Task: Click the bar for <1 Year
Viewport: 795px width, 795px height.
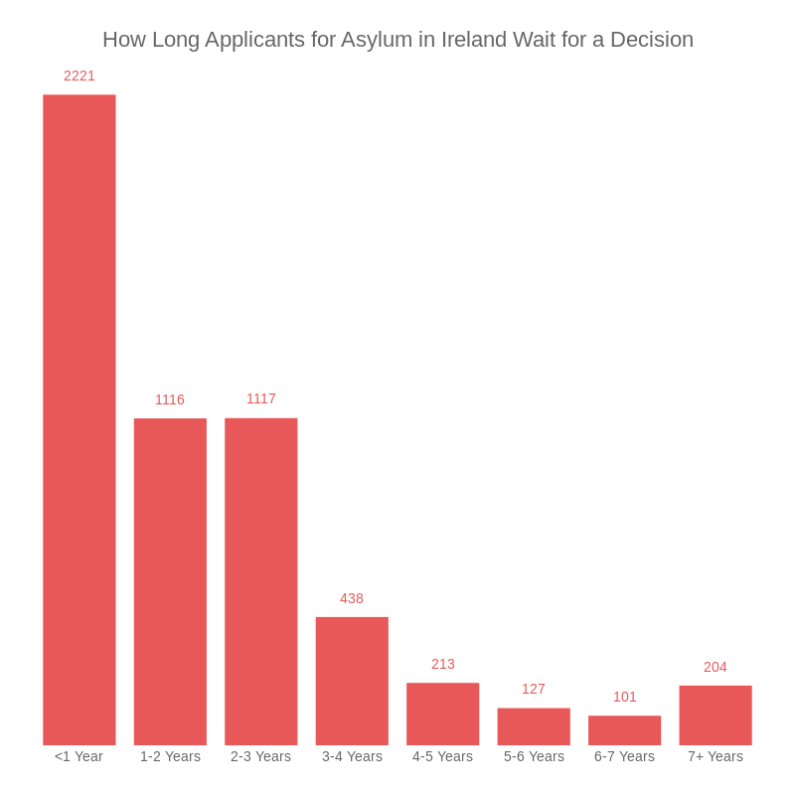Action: coord(79,419)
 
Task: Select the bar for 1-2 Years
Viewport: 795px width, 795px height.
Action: coord(170,581)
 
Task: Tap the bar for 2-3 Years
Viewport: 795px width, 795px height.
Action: coord(261,581)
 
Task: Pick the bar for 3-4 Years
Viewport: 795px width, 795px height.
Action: coord(352,681)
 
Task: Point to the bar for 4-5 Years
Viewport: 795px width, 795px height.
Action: coord(443,714)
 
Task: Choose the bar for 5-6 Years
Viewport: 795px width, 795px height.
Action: coord(534,726)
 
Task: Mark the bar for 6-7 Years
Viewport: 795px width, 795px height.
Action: coord(625,730)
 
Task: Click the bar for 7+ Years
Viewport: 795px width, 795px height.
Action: coord(715,715)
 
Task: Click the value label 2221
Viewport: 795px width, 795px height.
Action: coord(79,76)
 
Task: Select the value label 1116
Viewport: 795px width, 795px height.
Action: coord(170,399)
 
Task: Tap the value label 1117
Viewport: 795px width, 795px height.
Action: coord(261,398)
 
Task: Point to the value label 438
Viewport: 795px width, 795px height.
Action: coord(352,598)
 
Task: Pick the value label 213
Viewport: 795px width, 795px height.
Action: coord(443,664)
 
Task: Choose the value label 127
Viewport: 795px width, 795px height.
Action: coord(534,689)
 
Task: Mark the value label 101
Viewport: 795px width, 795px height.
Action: coord(625,697)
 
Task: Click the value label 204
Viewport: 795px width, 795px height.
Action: coord(715,667)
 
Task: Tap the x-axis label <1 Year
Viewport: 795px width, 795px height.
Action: coord(79,756)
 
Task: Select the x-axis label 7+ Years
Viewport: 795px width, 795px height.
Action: coord(715,756)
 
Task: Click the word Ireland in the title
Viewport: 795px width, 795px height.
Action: coord(472,40)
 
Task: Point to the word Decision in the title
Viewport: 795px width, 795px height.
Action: coord(652,40)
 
